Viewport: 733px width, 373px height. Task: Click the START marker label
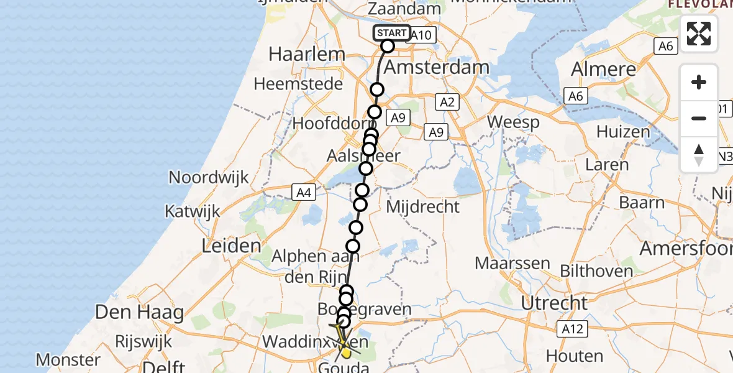pyautogui.click(x=392, y=33)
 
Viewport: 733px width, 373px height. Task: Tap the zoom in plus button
pyautogui.click(x=699, y=83)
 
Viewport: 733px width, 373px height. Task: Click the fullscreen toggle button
pyautogui.click(x=699, y=34)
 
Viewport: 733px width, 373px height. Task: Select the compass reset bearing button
pyautogui.click(x=699, y=155)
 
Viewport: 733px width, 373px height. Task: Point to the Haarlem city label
pyautogui.click(x=306, y=54)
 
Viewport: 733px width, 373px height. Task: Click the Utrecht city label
pyautogui.click(x=554, y=303)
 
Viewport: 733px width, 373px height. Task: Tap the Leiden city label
pyautogui.click(x=231, y=246)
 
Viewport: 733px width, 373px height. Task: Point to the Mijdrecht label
pyautogui.click(x=422, y=206)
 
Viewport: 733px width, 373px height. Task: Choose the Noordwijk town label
pyautogui.click(x=209, y=178)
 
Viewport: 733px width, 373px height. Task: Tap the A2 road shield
pyautogui.click(x=447, y=102)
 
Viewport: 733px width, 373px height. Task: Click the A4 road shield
pyautogui.click(x=303, y=193)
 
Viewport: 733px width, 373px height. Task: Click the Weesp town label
pyautogui.click(x=514, y=122)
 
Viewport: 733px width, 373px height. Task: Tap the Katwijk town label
pyautogui.click(x=192, y=211)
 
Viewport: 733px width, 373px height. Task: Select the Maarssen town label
pyautogui.click(x=512, y=263)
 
